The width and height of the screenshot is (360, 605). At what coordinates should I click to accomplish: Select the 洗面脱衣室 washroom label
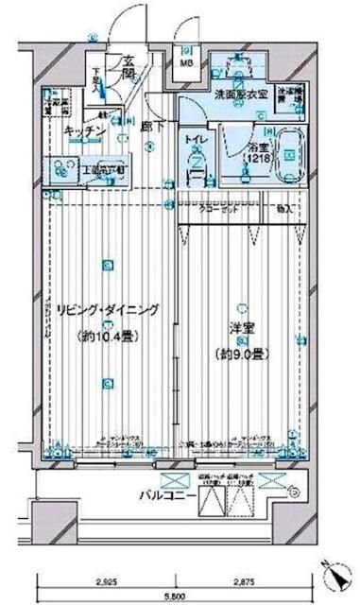(239, 95)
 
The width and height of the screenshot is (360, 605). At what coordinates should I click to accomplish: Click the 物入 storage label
(284, 208)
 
